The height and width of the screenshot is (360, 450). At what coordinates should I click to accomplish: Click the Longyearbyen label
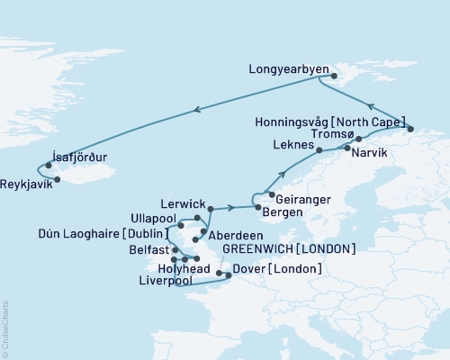(x=285, y=66)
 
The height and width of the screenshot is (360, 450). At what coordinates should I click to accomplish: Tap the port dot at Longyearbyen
(x=321, y=77)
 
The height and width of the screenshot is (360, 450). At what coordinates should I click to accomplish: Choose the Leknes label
(x=291, y=144)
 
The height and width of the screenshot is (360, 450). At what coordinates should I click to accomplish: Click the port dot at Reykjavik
(x=58, y=179)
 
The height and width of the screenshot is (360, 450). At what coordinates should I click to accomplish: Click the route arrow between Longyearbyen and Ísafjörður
(x=196, y=110)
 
